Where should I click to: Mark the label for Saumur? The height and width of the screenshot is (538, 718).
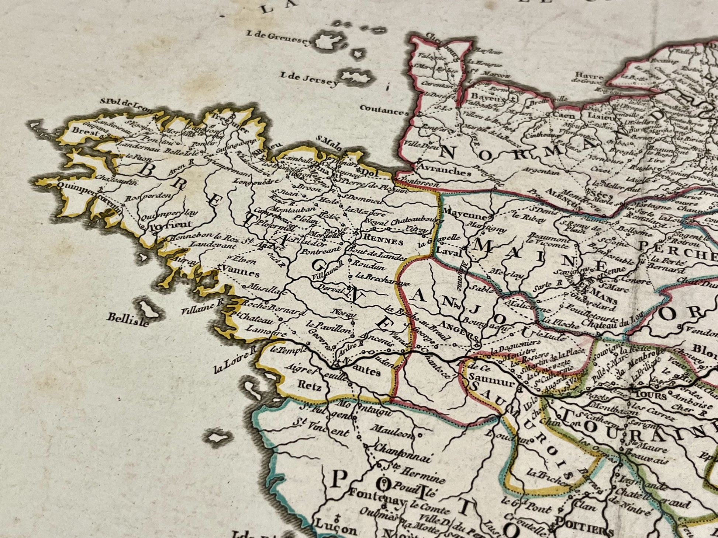tap(493, 382)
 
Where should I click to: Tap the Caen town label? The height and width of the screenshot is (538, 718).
tap(563, 115)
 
